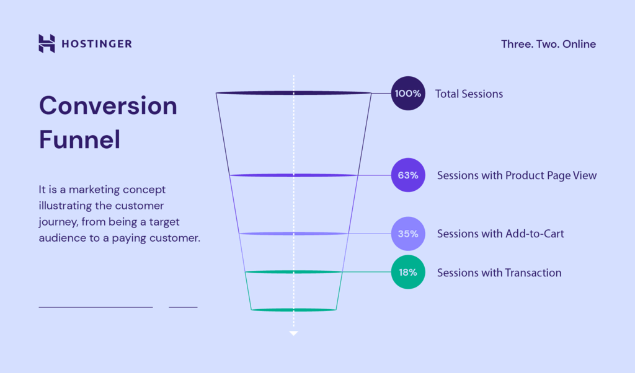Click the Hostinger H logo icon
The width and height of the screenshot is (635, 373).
(x=47, y=43)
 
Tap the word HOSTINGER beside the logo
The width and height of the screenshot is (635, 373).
(x=97, y=44)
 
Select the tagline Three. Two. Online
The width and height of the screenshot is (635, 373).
(x=548, y=44)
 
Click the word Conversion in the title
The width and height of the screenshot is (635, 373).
(x=108, y=105)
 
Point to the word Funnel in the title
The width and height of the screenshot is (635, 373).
(x=80, y=139)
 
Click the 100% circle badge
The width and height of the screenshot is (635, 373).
(x=408, y=94)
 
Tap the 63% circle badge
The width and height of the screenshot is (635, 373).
(x=408, y=175)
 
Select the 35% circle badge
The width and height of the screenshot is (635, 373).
(x=408, y=234)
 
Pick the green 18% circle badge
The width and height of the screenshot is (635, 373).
(x=408, y=272)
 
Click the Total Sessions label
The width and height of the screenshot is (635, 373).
(x=469, y=94)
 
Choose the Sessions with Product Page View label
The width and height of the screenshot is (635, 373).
(x=517, y=175)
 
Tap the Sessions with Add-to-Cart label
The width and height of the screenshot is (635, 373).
(x=500, y=234)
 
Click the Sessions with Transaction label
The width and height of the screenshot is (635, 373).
(x=499, y=273)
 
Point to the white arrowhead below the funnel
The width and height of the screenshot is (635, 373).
(x=293, y=333)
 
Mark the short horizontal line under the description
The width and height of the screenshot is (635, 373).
(x=183, y=307)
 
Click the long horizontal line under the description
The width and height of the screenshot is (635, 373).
(x=95, y=307)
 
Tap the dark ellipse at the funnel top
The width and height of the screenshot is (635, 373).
(x=293, y=93)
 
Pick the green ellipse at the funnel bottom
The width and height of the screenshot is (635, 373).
(x=293, y=310)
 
